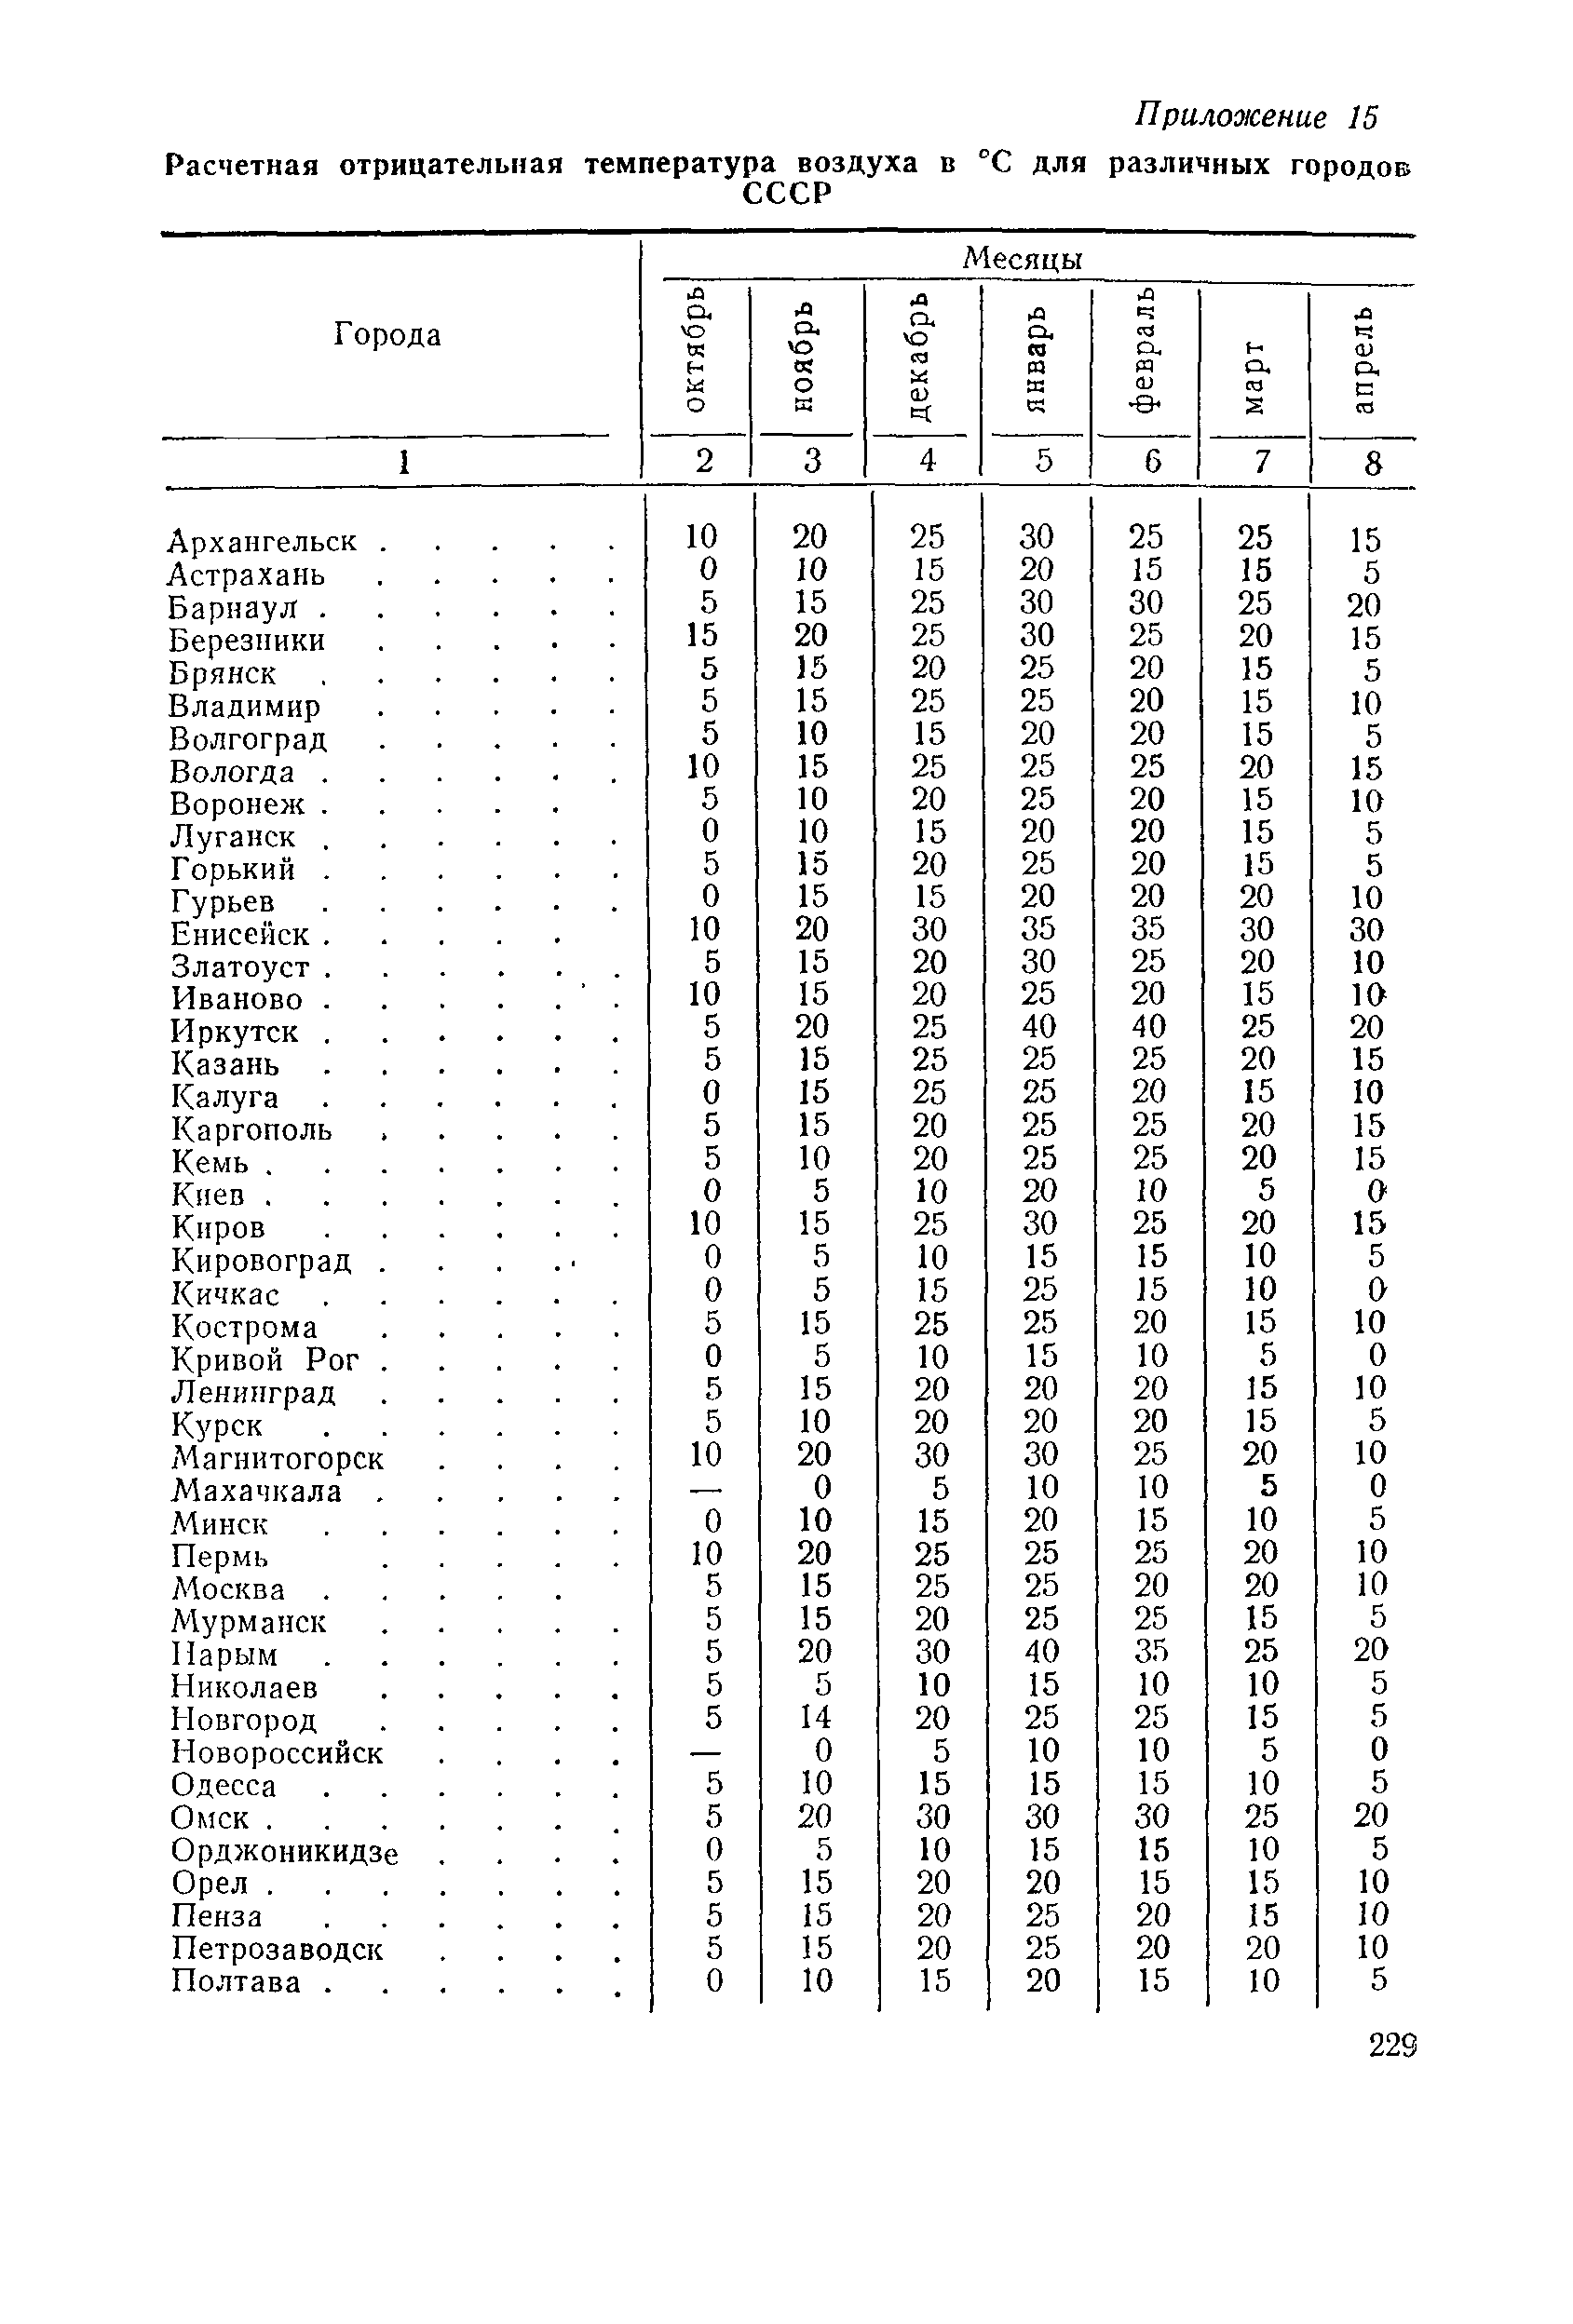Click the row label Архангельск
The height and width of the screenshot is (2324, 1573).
[263, 542]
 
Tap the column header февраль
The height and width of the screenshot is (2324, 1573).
[1147, 350]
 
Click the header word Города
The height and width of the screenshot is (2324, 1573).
[387, 334]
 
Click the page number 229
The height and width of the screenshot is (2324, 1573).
[1392, 2045]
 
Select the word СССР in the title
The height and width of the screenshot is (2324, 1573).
[788, 193]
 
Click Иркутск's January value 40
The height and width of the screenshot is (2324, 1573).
[1038, 1027]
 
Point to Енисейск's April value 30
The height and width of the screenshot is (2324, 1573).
[1366, 930]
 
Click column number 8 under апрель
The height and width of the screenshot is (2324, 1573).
[1372, 463]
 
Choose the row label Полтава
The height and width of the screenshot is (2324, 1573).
[236, 1982]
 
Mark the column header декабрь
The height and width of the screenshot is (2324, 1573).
[923, 356]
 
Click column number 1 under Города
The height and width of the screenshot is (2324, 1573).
[404, 461]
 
